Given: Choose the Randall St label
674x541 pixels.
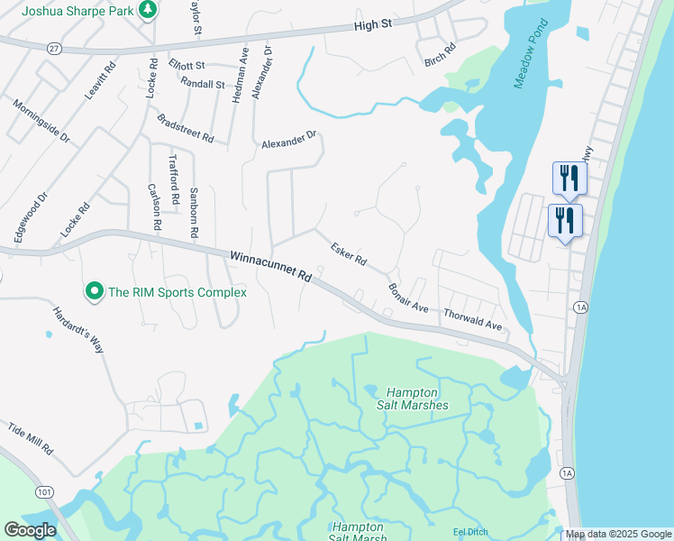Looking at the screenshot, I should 202,84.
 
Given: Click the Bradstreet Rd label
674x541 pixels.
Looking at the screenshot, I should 186,128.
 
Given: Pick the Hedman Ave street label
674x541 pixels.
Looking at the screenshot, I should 239,75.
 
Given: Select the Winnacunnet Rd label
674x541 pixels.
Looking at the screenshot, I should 270,267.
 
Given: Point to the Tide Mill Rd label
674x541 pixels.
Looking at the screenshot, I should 31,437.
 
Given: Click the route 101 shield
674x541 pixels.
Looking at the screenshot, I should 43,491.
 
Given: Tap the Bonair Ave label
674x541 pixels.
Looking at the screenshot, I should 408,297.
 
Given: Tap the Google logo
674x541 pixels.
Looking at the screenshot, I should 30,530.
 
